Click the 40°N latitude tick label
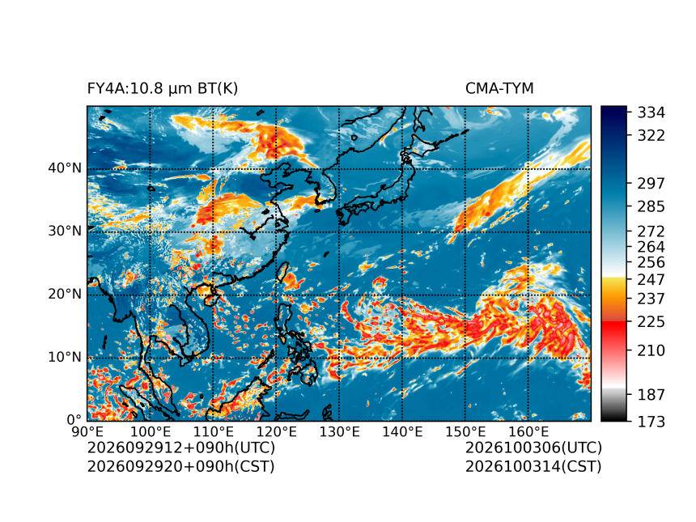[65, 168]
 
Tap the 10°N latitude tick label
[65, 357]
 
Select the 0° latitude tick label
[74, 419]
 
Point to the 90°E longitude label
[87, 431]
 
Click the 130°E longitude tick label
[340, 431]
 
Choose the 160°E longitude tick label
[528, 431]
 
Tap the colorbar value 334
[651, 112]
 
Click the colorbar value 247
[651, 280]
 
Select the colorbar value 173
[651, 421]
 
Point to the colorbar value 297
[651, 183]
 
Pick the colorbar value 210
[651, 350]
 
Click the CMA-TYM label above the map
[499, 88]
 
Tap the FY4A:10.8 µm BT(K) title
[163, 89]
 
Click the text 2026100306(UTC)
[533, 448]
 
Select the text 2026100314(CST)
[533, 466]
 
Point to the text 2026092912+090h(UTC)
[181, 448]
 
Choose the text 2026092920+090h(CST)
[181, 466]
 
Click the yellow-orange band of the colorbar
[614, 299]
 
